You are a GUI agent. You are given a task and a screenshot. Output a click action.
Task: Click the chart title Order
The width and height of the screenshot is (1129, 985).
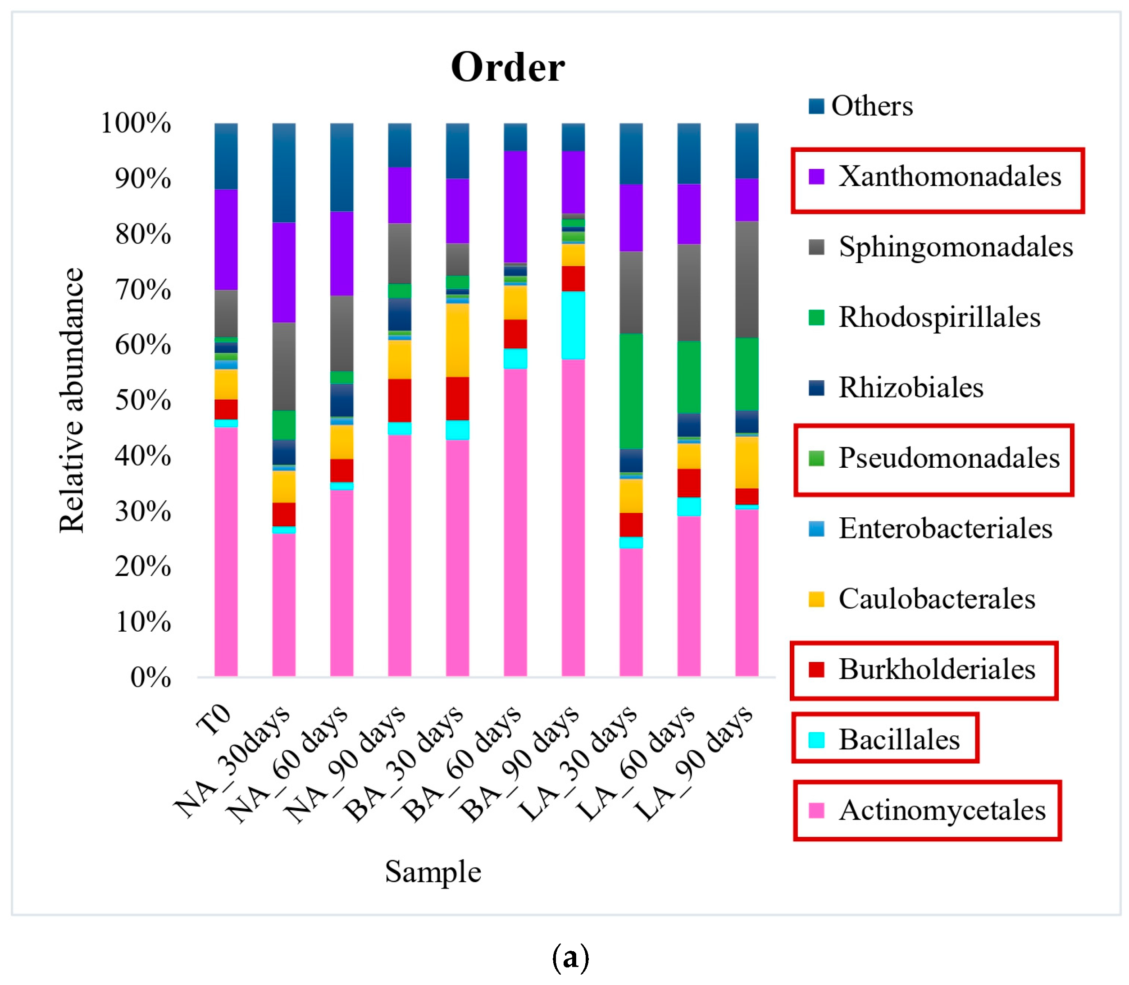click(507, 68)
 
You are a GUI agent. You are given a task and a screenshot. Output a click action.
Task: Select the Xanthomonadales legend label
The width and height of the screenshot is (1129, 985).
click(949, 177)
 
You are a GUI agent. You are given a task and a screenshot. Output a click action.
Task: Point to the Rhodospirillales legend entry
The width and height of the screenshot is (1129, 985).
click(939, 317)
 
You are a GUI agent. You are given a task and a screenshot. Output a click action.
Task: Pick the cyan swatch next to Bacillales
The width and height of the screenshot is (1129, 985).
click(816, 740)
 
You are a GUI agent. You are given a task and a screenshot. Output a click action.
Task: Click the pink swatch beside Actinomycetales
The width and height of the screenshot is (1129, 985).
click(816, 810)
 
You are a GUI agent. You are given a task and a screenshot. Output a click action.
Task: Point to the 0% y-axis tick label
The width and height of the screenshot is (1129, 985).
click(150, 678)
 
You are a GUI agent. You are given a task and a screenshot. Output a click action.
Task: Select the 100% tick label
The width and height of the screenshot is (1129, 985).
click(136, 123)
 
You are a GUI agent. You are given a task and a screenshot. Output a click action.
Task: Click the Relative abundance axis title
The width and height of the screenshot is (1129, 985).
click(72, 400)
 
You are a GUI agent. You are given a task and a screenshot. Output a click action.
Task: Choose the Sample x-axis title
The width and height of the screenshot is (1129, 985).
click(432, 872)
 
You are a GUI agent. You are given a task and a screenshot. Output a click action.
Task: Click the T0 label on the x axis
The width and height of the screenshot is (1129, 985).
click(214, 720)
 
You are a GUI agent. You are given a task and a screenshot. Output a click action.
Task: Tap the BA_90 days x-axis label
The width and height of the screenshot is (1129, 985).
click(519, 764)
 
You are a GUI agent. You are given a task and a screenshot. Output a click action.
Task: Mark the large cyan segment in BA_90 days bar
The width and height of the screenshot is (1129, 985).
click(573, 325)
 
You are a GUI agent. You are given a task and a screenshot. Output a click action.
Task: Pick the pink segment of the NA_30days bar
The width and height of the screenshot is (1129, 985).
click(284, 605)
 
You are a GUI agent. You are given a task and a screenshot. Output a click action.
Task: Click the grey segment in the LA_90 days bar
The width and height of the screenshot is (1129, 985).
click(747, 279)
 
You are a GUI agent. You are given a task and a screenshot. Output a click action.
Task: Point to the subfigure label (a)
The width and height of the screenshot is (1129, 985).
click(570, 957)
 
